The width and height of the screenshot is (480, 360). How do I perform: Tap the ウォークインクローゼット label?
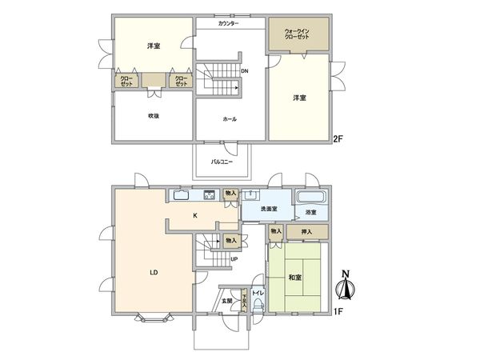pyautogui.click(x=298, y=35)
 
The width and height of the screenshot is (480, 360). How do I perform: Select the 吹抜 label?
pyautogui.click(x=152, y=118)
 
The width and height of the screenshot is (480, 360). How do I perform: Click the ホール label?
pyautogui.click(x=230, y=118)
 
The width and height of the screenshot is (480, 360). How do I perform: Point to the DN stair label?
pyautogui.click(x=245, y=70)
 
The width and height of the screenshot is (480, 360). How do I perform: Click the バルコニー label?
pyautogui.click(x=222, y=161)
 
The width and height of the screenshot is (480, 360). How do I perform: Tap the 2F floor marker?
pyautogui.click(x=338, y=139)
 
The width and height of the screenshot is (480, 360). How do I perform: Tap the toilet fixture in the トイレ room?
pyautogui.click(x=258, y=304)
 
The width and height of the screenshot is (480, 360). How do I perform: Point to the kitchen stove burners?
pyautogui.click(x=210, y=194)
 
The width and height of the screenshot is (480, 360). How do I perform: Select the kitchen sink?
pyautogui.click(x=181, y=194)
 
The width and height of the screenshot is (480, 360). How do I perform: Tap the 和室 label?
pyautogui.click(x=294, y=278)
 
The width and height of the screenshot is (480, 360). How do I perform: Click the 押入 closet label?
pyautogui.click(x=306, y=232)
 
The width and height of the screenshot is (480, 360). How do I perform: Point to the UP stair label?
pyautogui.click(x=234, y=259)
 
